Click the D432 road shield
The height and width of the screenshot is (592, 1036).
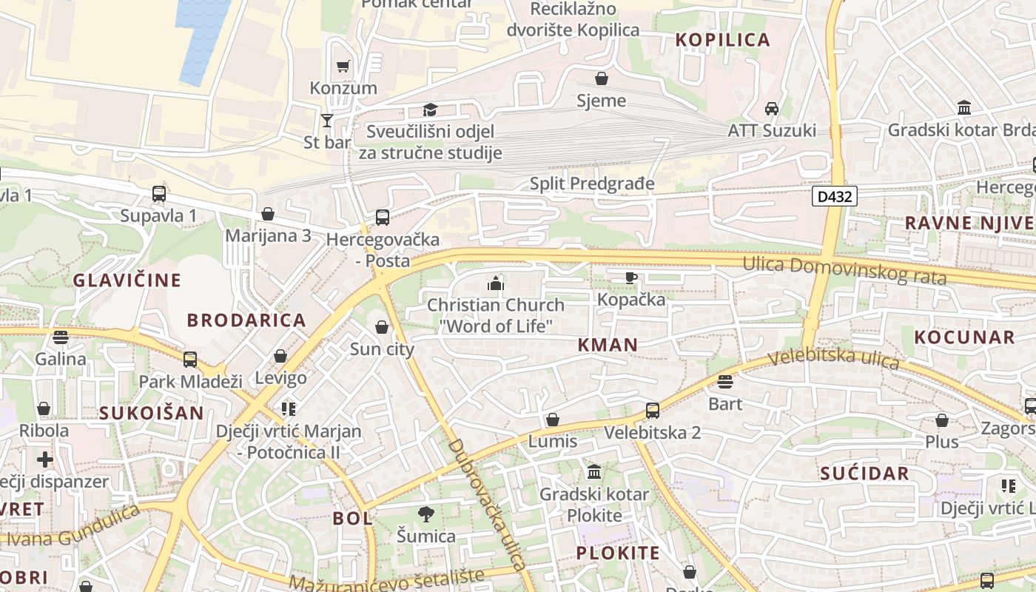tap(835, 196)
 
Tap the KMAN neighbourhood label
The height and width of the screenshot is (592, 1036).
tap(608, 344)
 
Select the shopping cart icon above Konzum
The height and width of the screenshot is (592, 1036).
tap(343, 67)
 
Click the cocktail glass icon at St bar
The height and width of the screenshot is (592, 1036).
tap(326, 120)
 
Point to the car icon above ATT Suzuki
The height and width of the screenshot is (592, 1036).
tap(772, 109)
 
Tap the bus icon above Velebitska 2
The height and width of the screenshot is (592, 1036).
tap(652, 410)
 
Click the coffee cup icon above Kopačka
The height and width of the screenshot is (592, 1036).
tap(630, 277)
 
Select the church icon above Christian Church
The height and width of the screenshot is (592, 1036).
tap(495, 283)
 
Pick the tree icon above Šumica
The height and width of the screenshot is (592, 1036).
tap(425, 514)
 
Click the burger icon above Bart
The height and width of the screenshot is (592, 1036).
tap(725, 382)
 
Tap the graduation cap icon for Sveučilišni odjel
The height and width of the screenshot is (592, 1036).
tap(430, 110)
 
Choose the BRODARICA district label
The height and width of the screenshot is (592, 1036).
tap(246, 320)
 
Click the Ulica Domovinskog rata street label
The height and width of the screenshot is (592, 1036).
tap(844, 270)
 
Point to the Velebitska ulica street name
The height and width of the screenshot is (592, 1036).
tap(833, 360)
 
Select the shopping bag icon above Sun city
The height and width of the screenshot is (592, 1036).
tap(382, 327)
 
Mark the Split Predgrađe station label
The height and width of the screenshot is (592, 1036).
tap(592, 184)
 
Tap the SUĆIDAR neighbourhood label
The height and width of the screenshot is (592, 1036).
tap(864, 474)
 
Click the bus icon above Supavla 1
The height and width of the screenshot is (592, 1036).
tap(159, 194)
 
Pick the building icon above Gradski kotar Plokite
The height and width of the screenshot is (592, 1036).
tap(593, 472)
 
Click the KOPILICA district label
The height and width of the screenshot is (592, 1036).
tap(723, 40)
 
